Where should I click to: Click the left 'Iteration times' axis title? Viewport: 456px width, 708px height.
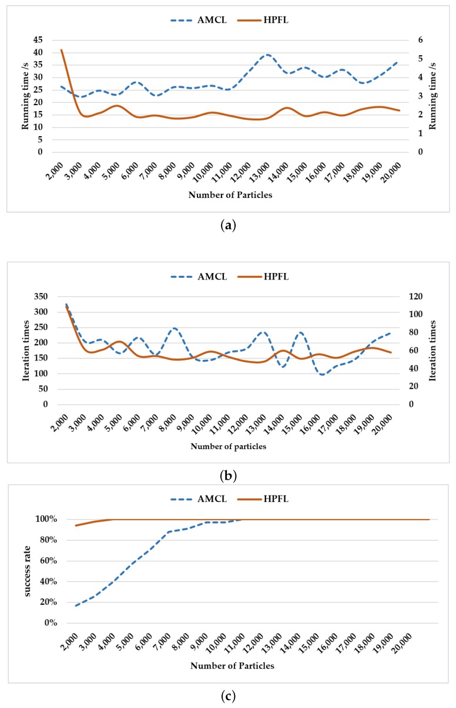25,350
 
